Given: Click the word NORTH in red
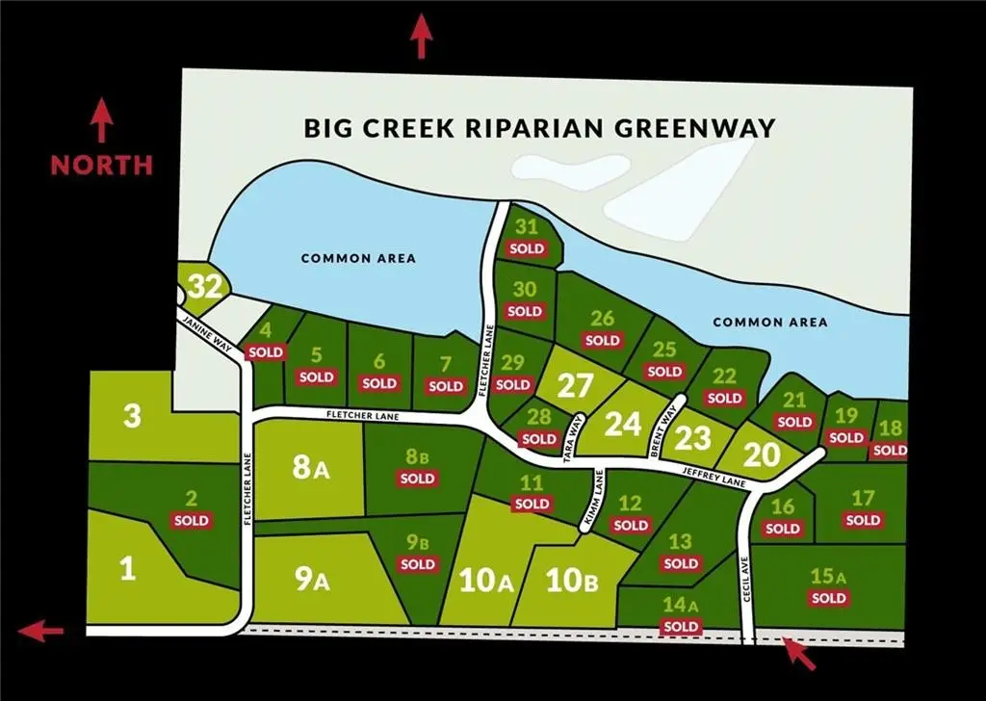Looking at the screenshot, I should [x=101, y=165].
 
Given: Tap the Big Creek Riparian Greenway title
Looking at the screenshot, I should [x=539, y=128].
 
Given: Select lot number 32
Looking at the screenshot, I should [x=206, y=286].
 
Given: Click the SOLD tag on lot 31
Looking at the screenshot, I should [x=527, y=248].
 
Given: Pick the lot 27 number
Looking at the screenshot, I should [x=575, y=386].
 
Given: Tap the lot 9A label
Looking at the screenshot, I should [x=313, y=581].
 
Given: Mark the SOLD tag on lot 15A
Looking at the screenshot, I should [x=828, y=598].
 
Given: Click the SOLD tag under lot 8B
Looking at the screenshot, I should [x=417, y=478].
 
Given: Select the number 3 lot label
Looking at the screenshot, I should [x=132, y=417].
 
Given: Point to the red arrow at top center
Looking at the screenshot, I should [x=421, y=36].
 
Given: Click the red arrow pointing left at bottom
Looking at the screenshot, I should [x=40, y=632].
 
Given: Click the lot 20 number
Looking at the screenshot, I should [x=761, y=455].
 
